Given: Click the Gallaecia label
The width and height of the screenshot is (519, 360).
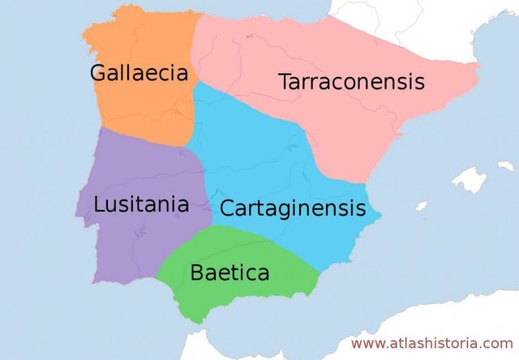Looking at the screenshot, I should click(x=139, y=73).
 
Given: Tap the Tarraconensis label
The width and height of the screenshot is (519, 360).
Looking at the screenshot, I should click(x=351, y=82).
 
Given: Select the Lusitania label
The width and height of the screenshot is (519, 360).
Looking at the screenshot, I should click(x=141, y=204).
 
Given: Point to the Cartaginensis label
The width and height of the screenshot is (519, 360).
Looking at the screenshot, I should click(x=293, y=208).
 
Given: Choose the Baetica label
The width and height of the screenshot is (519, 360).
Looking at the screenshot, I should click(x=229, y=272).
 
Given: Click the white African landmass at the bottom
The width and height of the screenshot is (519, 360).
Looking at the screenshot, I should click(x=243, y=345).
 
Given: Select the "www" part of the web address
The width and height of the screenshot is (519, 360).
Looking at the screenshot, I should click(x=365, y=345).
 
